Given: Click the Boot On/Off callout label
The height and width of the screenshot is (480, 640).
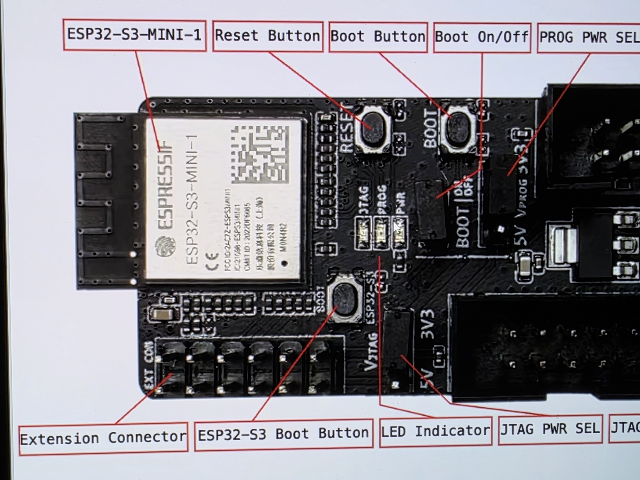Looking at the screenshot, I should pyautogui.click(x=482, y=37).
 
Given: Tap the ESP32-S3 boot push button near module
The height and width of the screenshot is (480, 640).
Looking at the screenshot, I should pyautogui.click(x=345, y=299).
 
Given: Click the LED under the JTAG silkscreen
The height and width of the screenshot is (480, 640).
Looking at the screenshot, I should pyautogui.click(x=363, y=232).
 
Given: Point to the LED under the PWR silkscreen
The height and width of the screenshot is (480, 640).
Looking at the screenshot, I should pyautogui.click(x=400, y=232).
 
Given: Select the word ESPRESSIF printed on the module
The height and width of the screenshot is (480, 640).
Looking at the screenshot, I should pyautogui.click(x=165, y=185).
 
